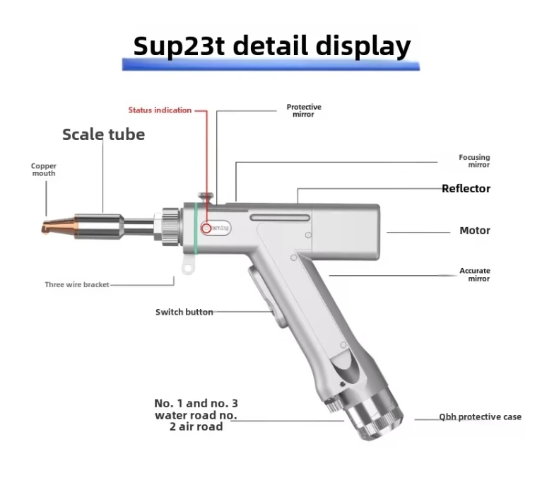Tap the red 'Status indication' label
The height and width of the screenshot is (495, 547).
tap(160, 110)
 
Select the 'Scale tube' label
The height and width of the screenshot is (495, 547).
tap(103, 134)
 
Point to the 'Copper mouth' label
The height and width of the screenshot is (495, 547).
tap(43, 169)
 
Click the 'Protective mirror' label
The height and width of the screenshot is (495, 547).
tap(304, 110)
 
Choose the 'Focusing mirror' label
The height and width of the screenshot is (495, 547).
tap(474, 161)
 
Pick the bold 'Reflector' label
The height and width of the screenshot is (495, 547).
tap(466, 189)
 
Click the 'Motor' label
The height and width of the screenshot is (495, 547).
tap(474, 231)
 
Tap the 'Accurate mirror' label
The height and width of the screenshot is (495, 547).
tap(474, 274)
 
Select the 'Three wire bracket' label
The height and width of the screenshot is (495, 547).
tap(77, 285)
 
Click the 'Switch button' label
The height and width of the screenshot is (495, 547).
tap(184, 312)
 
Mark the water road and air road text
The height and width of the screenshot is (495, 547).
tap(196, 415)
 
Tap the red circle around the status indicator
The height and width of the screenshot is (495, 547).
tap(206, 228)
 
